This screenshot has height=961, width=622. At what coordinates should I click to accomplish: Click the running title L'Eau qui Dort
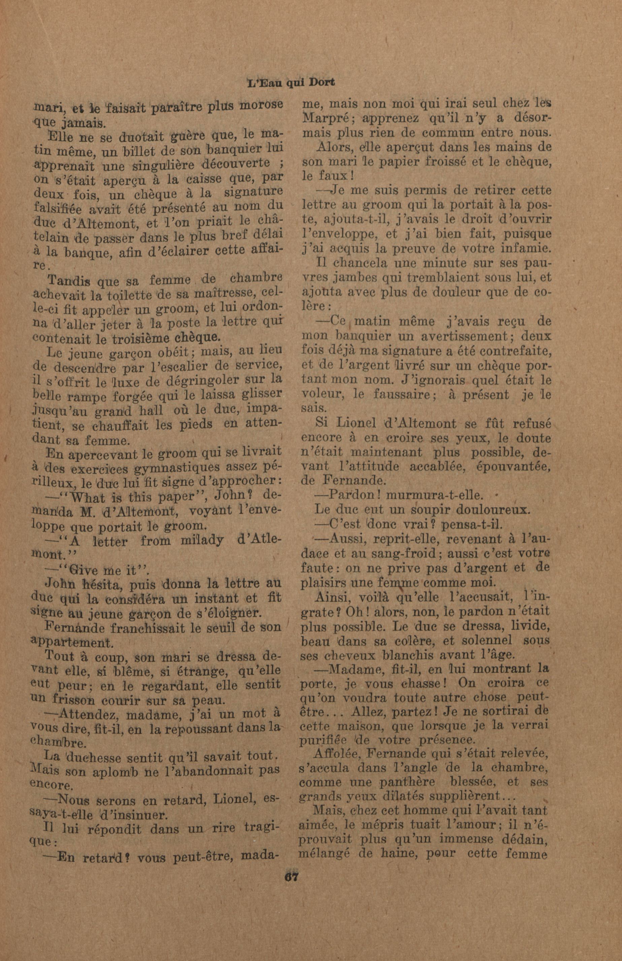click(x=291, y=83)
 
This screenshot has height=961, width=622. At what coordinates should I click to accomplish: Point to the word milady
click(x=202, y=541)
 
